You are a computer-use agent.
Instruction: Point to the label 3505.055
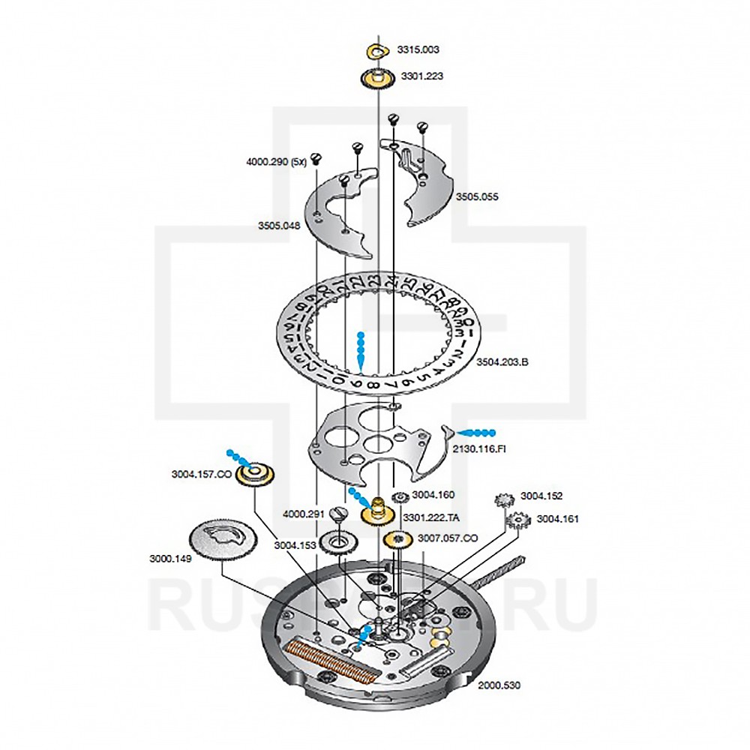477,196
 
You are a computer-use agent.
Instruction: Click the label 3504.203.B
504,362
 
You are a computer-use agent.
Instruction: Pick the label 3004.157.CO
201,474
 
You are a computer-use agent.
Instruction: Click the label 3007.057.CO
448,538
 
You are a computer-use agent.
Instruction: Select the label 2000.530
499,685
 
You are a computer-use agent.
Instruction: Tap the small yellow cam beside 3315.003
377,51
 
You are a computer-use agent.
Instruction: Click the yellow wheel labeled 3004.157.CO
254,474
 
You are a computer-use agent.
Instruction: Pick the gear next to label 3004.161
517,520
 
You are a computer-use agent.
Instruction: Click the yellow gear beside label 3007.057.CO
399,538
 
